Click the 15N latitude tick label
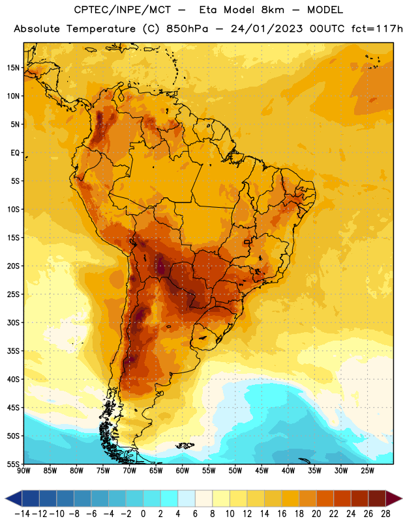tap(13, 68)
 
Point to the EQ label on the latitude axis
tap(15, 153)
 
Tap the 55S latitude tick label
tap(13, 464)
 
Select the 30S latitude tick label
tap(13, 322)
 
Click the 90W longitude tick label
tap(23, 471)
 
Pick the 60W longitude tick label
tap(183, 471)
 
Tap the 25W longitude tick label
tap(367, 471)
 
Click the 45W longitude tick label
tap(261, 471)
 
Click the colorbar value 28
tap(385, 514)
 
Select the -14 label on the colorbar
tap(22, 514)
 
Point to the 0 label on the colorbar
tap(143, 514)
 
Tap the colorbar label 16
tap(282, 514)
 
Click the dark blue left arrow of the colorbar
tap(14, 498)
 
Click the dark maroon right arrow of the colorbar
tap(394, 498)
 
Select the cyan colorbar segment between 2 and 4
tap(170, 498)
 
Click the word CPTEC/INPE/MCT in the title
tap(123, 10)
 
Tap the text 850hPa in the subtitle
tap(187, 29)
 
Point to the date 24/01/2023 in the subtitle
tap(267, 29)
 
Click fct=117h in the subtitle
tap(377, 29)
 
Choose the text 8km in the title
tap(273, 10)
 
